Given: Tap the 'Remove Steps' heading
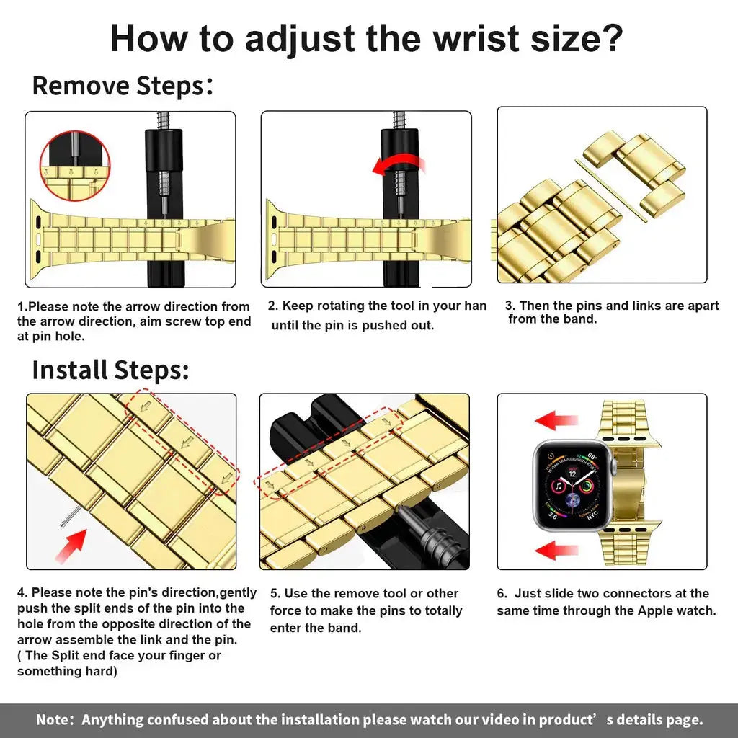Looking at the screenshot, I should [x=119, y=86].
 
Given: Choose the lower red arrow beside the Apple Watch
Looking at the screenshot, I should [x=556, y=551].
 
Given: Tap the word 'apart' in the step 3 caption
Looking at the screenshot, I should [x=700, y=306].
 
